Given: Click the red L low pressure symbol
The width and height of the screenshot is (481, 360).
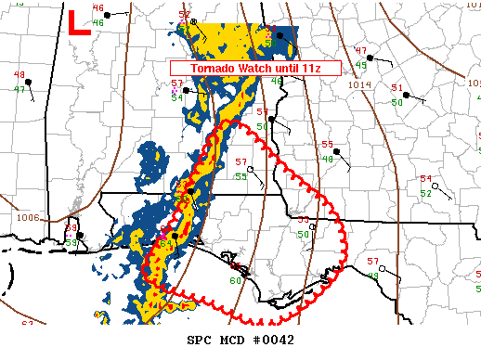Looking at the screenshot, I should [79, 22].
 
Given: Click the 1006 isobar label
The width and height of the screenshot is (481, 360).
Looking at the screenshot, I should [28, 217].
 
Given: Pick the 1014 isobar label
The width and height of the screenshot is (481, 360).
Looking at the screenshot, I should [359, 85].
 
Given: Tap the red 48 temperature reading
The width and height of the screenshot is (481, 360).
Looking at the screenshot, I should [19, 74].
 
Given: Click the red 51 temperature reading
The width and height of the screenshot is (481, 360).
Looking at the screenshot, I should [397, 88].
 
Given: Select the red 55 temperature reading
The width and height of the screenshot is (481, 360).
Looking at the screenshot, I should [327, 144].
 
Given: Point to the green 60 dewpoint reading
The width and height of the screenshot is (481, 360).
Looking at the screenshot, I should [235, 281].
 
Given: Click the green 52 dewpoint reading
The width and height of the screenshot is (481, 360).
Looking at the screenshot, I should [425, 193].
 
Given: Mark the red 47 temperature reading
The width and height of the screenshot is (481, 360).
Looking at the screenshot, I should [361, 51].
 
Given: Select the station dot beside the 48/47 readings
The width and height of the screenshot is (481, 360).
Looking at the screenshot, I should [30, 82].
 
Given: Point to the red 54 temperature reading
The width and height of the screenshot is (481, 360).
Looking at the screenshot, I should [426, 179].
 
